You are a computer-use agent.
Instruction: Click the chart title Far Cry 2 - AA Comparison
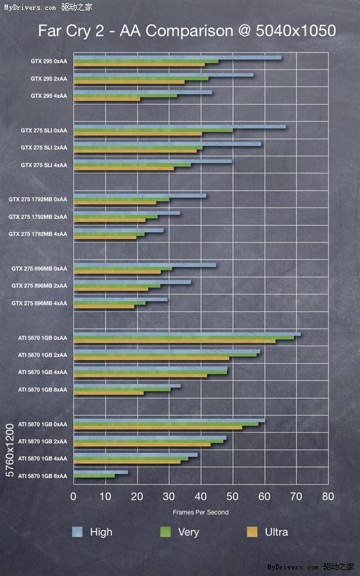[187, 31]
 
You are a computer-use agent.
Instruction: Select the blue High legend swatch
[77, 532]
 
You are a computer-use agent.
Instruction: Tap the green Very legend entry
[166, 532]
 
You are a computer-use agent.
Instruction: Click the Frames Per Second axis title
[200, 512]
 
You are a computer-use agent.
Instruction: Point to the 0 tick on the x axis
[74, 497]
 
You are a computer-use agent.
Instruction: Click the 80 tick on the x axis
[327, 497]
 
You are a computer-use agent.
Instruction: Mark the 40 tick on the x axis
[200, 497]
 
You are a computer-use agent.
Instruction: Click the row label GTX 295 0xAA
[48, 62]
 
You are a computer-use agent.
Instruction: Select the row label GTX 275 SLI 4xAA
[44, 165]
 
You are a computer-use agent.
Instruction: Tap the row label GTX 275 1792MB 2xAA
[38, 217]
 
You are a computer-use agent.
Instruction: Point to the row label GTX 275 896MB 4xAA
[39, 303]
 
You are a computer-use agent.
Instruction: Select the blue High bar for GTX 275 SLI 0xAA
[179, 126]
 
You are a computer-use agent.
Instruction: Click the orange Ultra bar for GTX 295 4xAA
[107, 99]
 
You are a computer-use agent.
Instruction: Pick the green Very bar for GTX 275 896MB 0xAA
[123, 268]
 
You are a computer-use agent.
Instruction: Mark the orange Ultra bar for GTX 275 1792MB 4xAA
[105, 238]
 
